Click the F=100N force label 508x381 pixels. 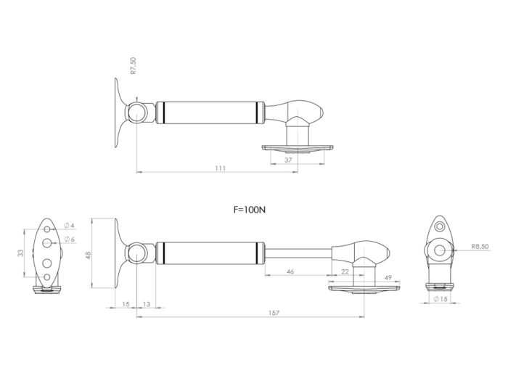click(x=249, y=210)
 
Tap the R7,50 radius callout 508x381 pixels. click(x=133, y=66)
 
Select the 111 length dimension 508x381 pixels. click(x=221, y=168)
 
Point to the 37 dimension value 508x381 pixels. click(x=288, y=160)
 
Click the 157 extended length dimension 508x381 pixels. click(x=274, y=313)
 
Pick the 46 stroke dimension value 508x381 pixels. click(x=290, y=271)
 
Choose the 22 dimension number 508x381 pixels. click(x=345, y=271)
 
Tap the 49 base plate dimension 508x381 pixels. click(x=388, y=278)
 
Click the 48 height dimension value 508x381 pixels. click(x=88, y=255)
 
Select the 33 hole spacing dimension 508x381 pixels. click(x=20, y=253)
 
